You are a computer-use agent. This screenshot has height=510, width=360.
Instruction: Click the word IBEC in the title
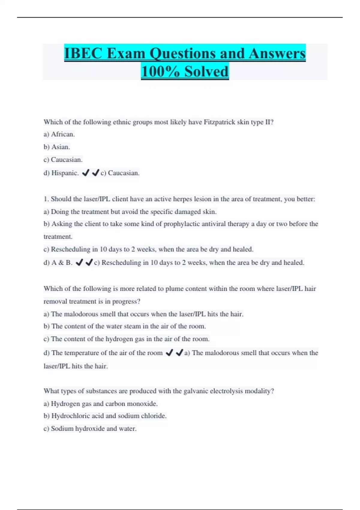(x=83, y=54)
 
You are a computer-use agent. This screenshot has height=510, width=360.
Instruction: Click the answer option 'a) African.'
(x=59, y=134)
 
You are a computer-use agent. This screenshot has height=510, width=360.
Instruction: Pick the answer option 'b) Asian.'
(x=57, y=147)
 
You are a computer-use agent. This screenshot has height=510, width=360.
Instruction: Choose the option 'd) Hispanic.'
(x=61, y=173)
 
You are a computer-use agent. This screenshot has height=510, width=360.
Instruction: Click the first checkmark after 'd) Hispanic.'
(x=85, y=173)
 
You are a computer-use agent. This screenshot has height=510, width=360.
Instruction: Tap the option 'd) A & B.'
(x=58, y=262)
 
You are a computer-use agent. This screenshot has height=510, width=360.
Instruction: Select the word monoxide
(x=142, y=404)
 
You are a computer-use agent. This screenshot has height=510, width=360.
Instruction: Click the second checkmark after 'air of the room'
(x=179, y=353)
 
